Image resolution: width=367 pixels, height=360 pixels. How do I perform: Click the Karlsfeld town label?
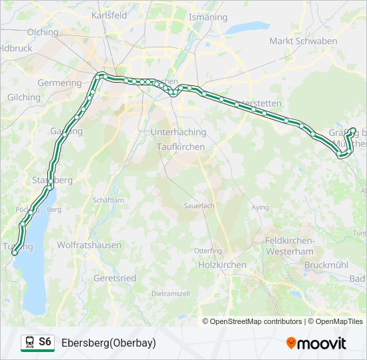(x=110, y=15)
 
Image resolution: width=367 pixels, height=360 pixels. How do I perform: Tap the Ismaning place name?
(x=208, y=17)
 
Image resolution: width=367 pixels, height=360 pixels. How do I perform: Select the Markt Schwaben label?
(x=303, y=41)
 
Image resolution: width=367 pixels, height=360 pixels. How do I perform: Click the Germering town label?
(x=59, y=83)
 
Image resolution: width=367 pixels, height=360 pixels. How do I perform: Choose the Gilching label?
(x=23, y=97)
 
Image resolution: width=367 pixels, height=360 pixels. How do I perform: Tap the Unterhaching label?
(x=178, y=132)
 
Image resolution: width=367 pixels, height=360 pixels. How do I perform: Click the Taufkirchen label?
(x=181, y=146)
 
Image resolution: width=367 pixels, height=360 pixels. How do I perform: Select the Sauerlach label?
(x=199, y=206)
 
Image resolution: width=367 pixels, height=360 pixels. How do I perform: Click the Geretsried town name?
(x=115, y=278)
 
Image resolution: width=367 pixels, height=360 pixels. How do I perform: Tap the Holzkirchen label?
(x=222, y=265)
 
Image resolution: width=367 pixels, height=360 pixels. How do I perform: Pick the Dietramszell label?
(x=171, y=293)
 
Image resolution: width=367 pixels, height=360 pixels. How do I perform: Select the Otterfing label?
(x=208, y=251)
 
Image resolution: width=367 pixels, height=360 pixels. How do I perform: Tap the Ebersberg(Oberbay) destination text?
(x=108, y=343)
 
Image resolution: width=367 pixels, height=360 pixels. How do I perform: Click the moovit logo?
(x=316, y=343)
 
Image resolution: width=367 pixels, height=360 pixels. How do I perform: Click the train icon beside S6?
(x=29, y=343)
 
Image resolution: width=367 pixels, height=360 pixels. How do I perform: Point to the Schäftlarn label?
(x=109, y=200)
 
